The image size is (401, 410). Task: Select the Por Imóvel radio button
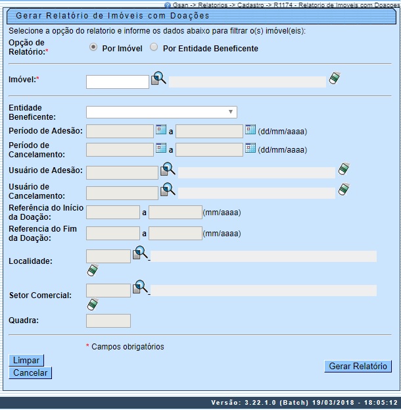(x=93, y=47)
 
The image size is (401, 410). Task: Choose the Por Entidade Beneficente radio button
(x=154, y=47)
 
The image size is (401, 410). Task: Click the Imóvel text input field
(x=118, y=82)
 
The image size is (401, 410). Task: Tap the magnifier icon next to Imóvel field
(x=159, y=78)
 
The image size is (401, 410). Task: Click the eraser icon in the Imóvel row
(x=335, y=78)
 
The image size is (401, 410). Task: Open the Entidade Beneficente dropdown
(x=161, y=112)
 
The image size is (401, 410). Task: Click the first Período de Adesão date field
(x=120, y=131)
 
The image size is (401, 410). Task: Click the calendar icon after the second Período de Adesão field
(x=250, y=130)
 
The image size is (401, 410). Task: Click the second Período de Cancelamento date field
(x=209, y=149)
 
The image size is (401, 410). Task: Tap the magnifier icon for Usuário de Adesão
(x=168, y=170)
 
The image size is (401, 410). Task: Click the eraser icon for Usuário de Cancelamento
(x=344, y=190)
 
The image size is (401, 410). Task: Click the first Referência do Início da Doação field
(x=113, y=213)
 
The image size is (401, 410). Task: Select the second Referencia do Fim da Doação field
(x=175, y=233)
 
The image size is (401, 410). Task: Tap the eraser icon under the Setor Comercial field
(x=93, y=305)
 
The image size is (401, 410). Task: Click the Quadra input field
(x=108, y=320)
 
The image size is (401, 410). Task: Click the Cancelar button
(x=30, y=372)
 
